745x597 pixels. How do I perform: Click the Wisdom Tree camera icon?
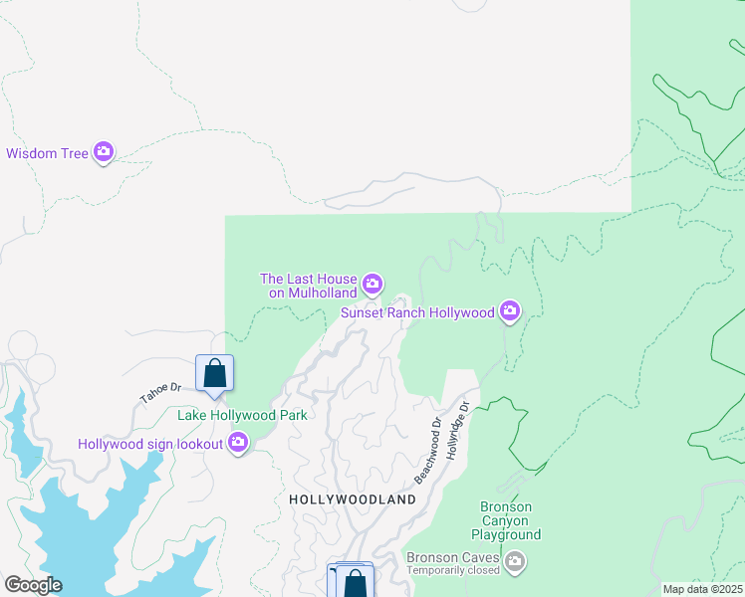click(104, 152)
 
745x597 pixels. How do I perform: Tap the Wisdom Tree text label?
click(47, 153)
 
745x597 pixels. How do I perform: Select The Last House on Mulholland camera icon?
click(372, 286)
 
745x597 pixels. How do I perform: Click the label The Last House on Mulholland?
click(309, 287)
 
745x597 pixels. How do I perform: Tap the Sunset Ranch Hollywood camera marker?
click(510, 311)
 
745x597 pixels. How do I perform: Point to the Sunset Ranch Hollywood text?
click(418, 312)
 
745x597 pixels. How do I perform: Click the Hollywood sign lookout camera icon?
click(238, 443)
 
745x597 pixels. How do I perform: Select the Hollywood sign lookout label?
click(151, 444)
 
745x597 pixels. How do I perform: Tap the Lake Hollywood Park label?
click(242, 415)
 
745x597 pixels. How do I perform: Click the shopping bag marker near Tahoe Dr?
click(214, 374)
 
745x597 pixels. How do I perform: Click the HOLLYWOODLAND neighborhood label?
click(352, 498)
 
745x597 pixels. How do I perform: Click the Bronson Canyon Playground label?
click(506, 520)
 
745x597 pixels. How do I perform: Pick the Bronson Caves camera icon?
click(515, 562)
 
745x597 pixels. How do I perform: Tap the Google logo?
click(33, 585)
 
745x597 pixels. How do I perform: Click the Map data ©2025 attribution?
click(703, 589)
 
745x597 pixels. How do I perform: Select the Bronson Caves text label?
click(452, 557)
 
